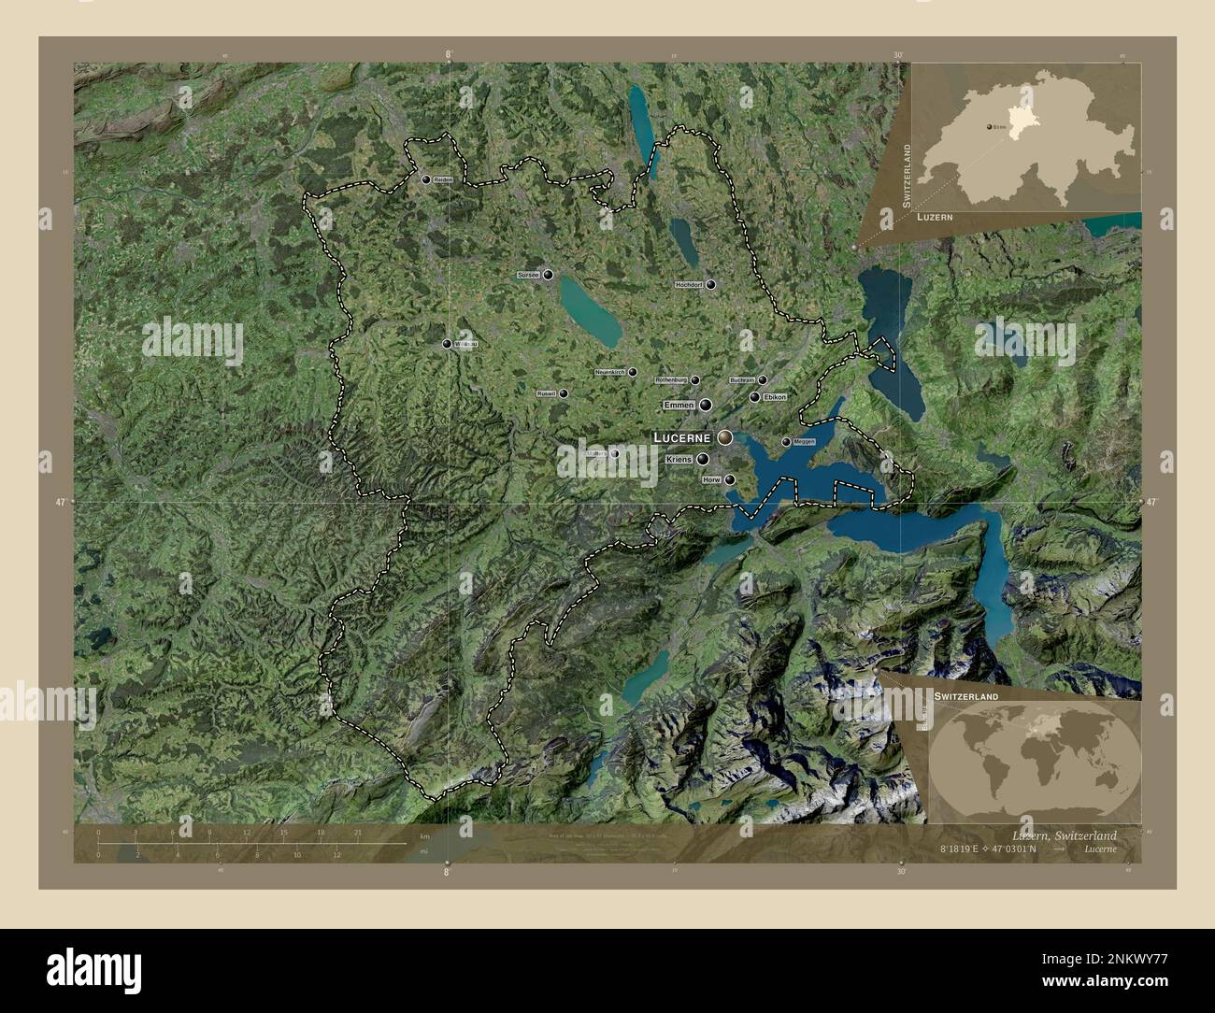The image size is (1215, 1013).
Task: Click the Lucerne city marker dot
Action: click(x=724, y=437)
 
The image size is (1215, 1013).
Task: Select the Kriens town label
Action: click(x=679, y=460)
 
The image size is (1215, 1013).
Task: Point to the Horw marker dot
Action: click(x=730, y=479)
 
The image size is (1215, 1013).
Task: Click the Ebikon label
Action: click(x=776, y=397)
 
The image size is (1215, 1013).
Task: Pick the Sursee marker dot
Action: click(x=548, y=276)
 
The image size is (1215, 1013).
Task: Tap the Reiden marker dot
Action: click(x=426, y=179)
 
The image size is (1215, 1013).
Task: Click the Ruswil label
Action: click(x=546, y=394)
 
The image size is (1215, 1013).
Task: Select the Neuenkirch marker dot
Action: click(x=633, y=372)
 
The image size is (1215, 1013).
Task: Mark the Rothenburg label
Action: click(x=671, y=380)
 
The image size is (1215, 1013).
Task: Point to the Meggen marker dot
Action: click(x=786, y=442)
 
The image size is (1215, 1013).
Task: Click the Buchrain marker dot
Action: click(x=763, y=380)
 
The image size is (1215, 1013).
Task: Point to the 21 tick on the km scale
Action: click(x=357, y=832)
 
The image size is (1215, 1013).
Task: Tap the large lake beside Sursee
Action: click(x=590, y=311)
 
